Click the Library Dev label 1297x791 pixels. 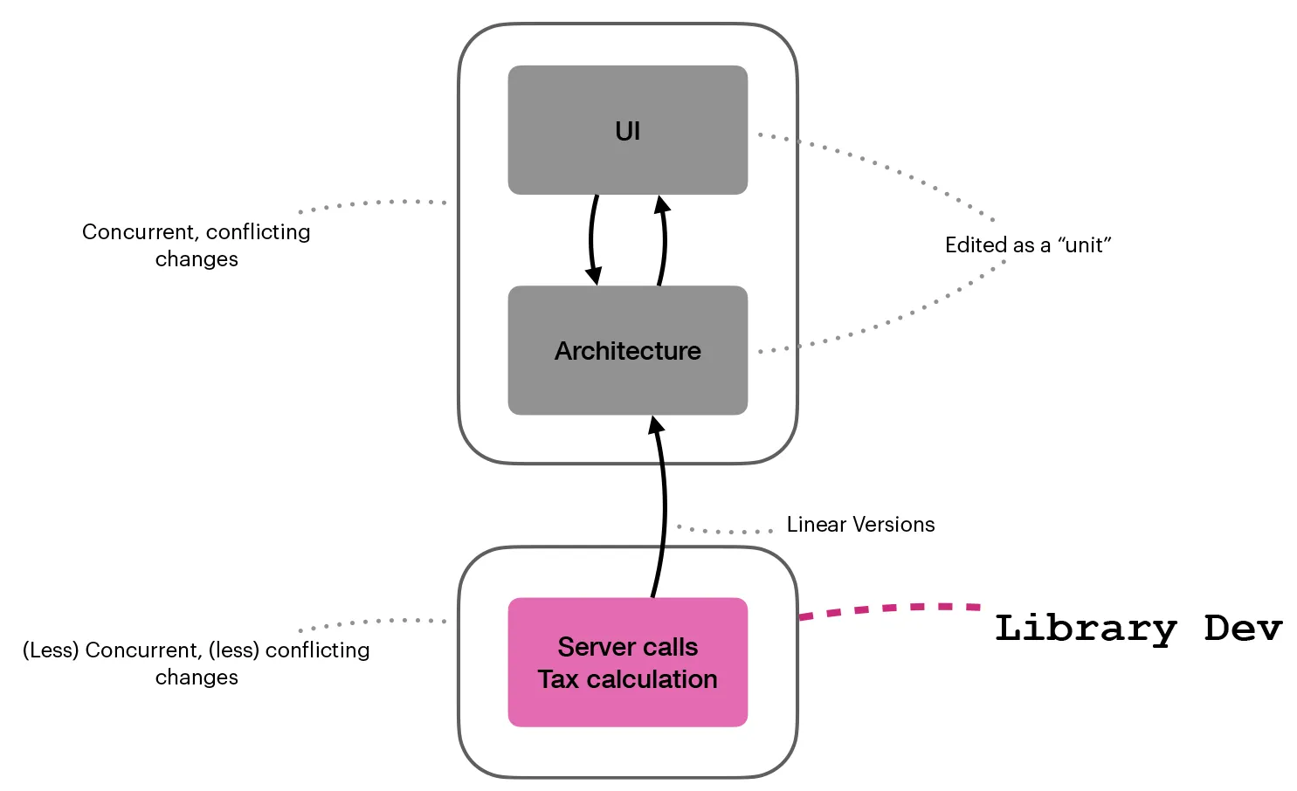(x=1137, y=629)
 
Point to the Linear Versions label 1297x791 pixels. (x=860, y=525)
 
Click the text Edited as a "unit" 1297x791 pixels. (x=1027, y=245)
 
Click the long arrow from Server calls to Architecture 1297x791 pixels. (x=663, y=506)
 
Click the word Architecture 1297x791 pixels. (x=627, y=351)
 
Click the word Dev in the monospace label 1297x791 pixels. (x=1243, y=629)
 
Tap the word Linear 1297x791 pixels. (x=816, y=525)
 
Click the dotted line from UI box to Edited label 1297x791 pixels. (x=882, y=165)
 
